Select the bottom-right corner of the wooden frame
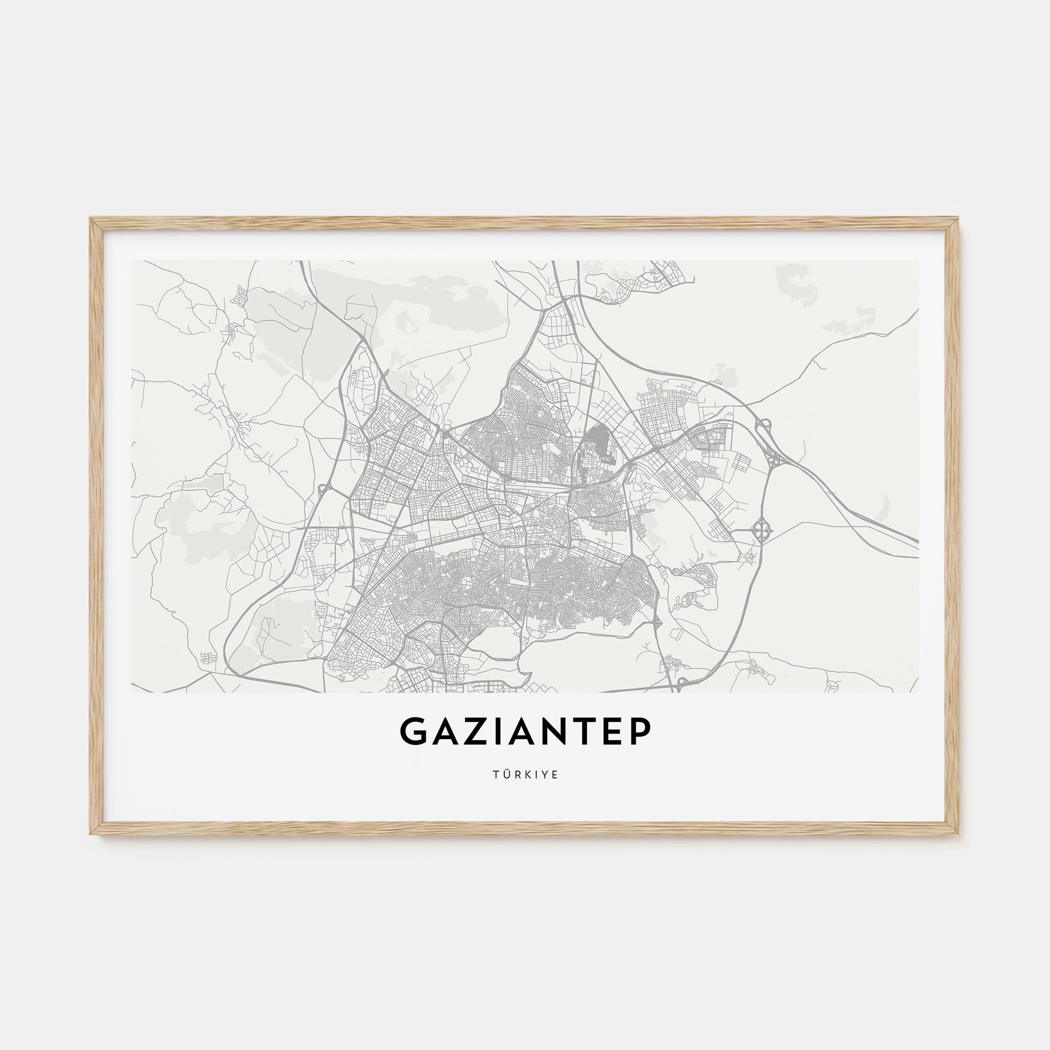point(958,833)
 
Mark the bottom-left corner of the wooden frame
point(91,833)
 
